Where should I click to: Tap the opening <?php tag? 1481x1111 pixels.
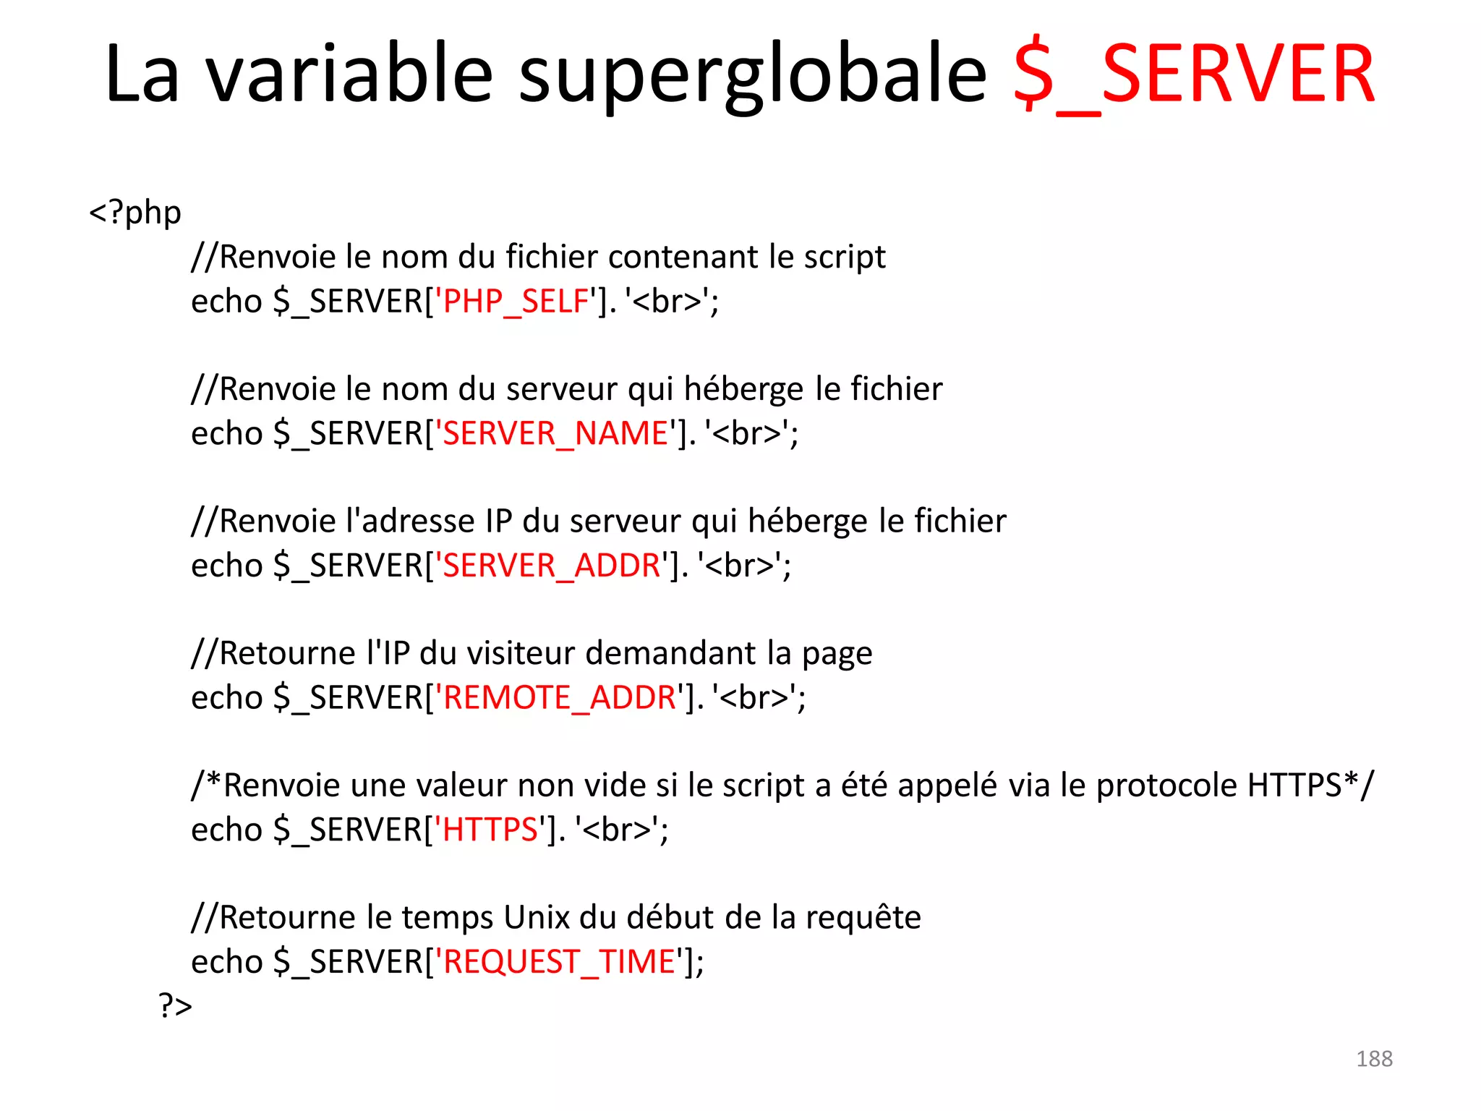tap(135, 213)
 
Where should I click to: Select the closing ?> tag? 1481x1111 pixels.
tap(175, 1005)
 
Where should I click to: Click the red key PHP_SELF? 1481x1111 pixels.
tap(516, 301)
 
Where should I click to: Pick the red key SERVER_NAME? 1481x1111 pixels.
tap(555, 433)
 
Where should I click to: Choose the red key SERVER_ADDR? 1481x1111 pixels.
tap(551, 565)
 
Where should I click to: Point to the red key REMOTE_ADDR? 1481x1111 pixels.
tap(559, 697)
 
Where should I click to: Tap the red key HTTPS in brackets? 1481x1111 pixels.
tap(490, 830)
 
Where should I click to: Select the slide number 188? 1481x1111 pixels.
tap(1374, 1059)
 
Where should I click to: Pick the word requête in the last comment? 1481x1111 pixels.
tap(863, 918)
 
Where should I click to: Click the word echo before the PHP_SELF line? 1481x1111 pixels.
tap(226, 301)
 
